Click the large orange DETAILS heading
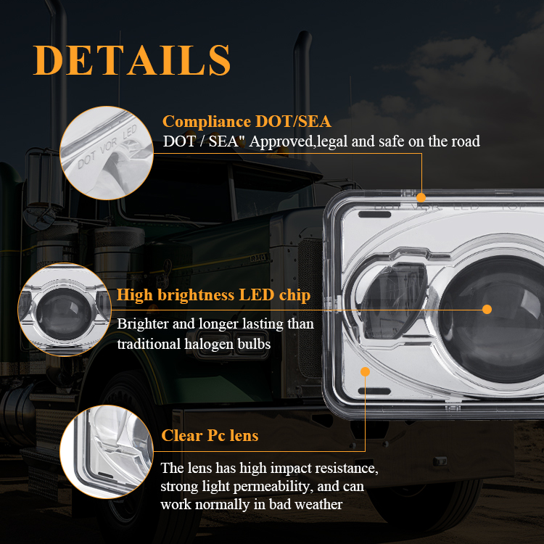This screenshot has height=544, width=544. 132,60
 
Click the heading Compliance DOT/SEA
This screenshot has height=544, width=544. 247,121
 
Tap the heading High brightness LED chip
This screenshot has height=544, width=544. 213,295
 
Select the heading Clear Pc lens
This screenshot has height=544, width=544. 210,435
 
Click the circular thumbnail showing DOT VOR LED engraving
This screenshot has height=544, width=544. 107,153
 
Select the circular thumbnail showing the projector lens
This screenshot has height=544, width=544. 65,310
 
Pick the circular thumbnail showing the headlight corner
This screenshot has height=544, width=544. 107,452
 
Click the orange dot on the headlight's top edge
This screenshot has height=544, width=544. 421,197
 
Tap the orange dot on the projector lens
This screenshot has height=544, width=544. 487,310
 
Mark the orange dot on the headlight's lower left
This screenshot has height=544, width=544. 365,371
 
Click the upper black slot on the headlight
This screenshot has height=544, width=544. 375,215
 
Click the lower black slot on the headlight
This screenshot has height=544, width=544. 375,392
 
